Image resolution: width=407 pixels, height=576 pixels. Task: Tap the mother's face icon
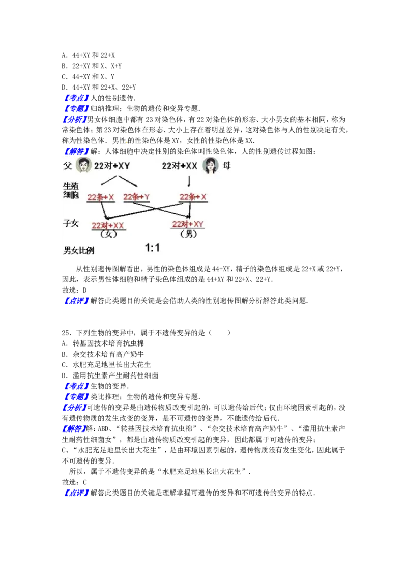coord(210,165)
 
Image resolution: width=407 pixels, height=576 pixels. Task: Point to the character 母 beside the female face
coord(226,165)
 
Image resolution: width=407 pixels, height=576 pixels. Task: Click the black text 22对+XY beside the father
coord(112,166)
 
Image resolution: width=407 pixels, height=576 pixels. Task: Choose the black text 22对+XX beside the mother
coord(180,166)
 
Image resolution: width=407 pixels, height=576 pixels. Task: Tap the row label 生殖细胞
coord(71,190)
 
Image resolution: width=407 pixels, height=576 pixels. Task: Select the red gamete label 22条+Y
coord(136,197)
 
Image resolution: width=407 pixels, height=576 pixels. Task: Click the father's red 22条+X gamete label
coord(100,197)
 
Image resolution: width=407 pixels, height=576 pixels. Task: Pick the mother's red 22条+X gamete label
coord(193,197)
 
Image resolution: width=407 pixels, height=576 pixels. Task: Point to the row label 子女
coord(71,223)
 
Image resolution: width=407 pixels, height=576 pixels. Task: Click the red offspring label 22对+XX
coord(108,225)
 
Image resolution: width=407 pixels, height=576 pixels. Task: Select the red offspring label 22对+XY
coord(188,224)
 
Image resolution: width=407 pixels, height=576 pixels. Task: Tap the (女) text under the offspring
coord(108,234)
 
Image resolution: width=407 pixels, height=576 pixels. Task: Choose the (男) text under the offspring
coord(188,234)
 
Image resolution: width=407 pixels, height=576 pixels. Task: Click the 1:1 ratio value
coord(153,248)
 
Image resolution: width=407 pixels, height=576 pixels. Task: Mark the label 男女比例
coord(78,250)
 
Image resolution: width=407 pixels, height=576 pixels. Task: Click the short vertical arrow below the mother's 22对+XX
coord(189,181)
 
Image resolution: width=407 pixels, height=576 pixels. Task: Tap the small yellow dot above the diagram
coord(127,143)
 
